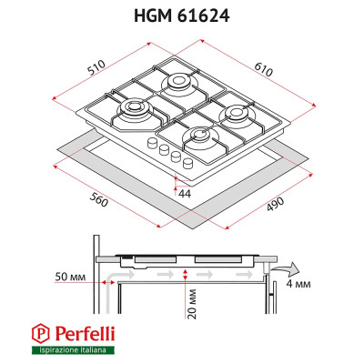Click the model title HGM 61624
(182, 15)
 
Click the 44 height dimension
(185, 194)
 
